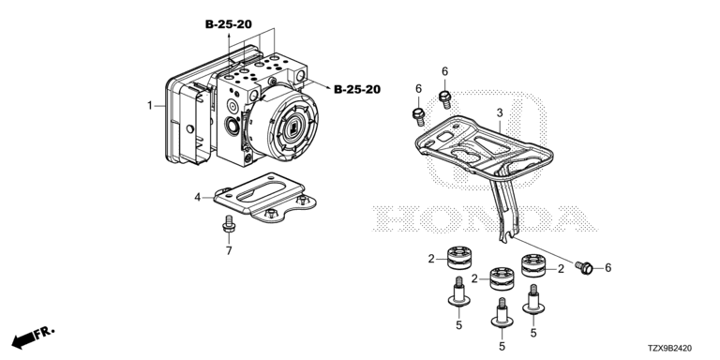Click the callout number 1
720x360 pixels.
pos(149,106)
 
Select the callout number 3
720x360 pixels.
pos(500,112)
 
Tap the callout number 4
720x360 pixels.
pos(198,198)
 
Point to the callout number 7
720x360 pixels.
pos(229,250)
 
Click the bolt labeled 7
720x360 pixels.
pos(229,224)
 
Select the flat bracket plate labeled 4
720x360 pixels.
pos(265,198)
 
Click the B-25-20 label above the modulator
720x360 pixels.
pos(228,24)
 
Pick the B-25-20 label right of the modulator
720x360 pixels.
pos(357,90)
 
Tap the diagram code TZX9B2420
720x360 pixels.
pos(670,349)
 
